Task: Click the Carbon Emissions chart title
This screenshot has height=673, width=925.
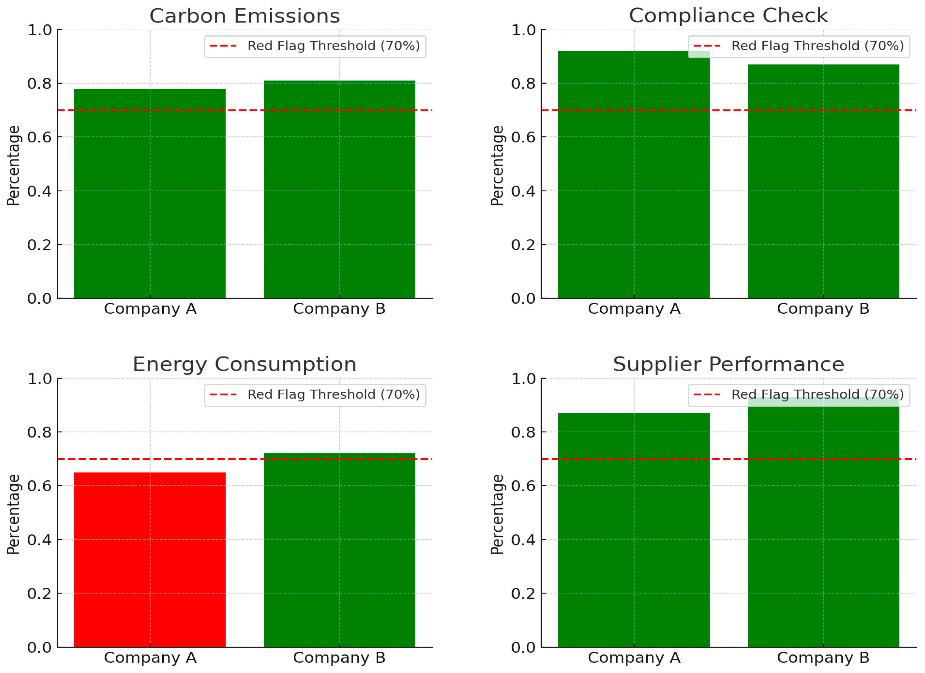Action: [x=245, y=16]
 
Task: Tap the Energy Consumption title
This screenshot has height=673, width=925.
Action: [x=245, y=365]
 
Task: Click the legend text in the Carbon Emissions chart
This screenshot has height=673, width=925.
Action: [x=334, y=46]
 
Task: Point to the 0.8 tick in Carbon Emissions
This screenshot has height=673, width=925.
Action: [x=39, y=84]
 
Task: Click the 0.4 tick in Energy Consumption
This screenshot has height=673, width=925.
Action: [x=39, y=540]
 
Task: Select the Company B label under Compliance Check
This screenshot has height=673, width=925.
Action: [x=823, y=309]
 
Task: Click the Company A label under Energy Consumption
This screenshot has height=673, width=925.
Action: [x=150, y=658]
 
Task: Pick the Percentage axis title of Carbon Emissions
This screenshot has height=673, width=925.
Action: [x=13, y=166]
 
